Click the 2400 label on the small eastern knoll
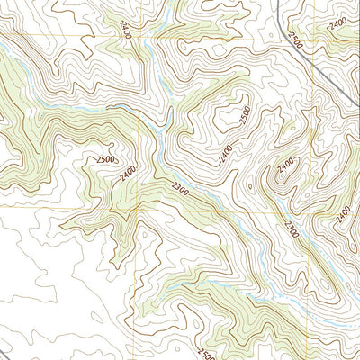point(286,165)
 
